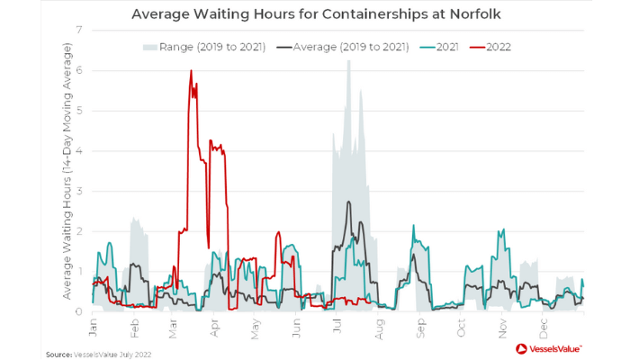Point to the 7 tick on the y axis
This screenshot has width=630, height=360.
click(x=80, y=31)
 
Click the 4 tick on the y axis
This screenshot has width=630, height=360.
click(x=80, y=151)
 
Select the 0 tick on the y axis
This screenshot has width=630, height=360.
click(x=80, y=311)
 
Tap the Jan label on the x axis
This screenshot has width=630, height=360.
click(x=94, y=321)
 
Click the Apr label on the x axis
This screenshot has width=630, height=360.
click(x=217, y=321)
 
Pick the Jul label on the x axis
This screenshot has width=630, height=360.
click(x=338, y=321)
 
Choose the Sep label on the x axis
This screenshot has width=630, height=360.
click(x=419, y=321)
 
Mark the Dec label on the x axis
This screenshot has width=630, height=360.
click(x=544, y=321)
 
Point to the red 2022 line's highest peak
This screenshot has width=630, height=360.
click(x=191, y=70)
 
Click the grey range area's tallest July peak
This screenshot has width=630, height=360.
click(x=348, y=61)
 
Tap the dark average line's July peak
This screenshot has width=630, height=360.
click(x=347, y=202)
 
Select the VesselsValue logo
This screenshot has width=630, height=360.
click(x=548, y=348)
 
